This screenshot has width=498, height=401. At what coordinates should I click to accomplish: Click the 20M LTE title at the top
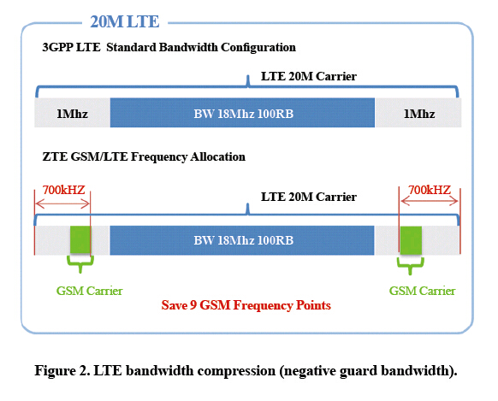(125, 21)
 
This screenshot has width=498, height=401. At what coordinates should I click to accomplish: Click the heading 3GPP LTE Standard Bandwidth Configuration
(169, 47)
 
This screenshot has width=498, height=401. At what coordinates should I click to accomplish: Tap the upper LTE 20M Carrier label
(309, 76)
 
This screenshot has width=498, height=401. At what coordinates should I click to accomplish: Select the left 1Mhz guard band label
(73, 114)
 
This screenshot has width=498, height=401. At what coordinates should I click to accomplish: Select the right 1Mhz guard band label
(419, 114)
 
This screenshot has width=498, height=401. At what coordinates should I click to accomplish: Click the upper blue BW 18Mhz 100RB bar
(242, 113)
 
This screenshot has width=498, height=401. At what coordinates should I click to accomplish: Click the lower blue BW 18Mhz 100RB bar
(242, 240)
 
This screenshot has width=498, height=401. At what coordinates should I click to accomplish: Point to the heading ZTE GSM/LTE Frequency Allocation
(144, 156)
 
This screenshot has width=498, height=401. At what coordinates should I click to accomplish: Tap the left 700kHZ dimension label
(64, 190)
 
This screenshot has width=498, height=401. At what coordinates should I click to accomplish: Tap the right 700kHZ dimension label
(430, 190)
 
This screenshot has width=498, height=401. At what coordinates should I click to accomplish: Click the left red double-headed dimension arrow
(62, 203)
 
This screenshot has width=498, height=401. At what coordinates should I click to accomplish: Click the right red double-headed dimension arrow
(430, 201)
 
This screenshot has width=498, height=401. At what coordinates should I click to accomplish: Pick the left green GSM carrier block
(80, 240)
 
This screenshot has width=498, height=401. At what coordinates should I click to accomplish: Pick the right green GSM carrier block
(411, 240)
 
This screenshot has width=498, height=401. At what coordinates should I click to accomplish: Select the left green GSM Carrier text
(89, 291)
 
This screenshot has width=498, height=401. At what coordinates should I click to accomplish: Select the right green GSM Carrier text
(422, 291)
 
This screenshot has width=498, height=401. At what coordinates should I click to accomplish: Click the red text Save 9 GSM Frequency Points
(246, 305)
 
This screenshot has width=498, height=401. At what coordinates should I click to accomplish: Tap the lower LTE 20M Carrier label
(309, 197)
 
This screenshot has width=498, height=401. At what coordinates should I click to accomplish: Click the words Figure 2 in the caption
(62, 370)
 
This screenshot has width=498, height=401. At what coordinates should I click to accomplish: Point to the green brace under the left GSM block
(80, 263)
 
